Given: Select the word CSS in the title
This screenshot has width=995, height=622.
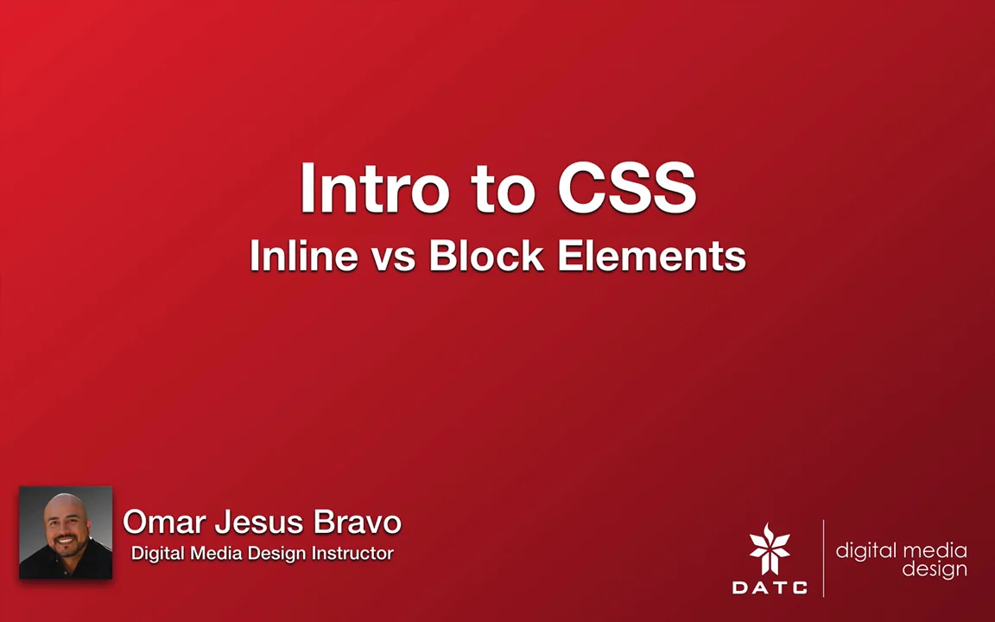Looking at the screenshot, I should tap(626, 188).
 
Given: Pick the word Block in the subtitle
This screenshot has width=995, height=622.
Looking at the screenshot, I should tap(486, 256).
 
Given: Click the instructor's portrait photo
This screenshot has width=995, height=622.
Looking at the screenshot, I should tap(66, 532).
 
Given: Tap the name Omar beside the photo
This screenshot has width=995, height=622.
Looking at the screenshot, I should tap(164, 522).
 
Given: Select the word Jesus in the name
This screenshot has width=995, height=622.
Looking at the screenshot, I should tap(259, 522).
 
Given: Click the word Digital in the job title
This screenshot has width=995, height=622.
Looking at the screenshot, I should tap(160, 553).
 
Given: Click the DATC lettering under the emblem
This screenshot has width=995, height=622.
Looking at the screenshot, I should tap(770, 587).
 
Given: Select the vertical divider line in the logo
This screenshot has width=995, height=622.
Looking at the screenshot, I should tap(823, 558).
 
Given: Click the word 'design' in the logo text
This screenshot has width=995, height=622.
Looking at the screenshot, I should tap(935, 570).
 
